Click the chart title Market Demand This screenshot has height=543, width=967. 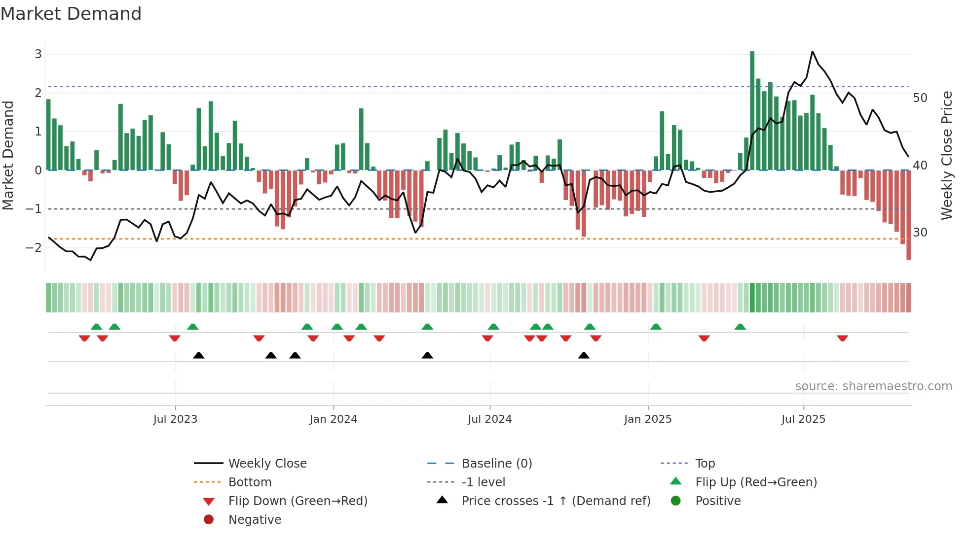point(71,14)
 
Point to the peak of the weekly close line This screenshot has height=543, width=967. point(813,51)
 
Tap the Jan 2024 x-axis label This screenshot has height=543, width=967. point(333,419)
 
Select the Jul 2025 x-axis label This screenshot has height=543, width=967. point(803,419)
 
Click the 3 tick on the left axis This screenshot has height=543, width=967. point(38,54)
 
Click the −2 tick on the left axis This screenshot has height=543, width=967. point(34,247)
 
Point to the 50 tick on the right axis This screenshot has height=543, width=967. point(920,98)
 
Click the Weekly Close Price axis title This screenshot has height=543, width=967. point(946,155)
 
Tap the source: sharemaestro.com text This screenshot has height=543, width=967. point(873,386)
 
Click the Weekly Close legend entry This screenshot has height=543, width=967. point(267,464)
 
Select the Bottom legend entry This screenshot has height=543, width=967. point(250,482)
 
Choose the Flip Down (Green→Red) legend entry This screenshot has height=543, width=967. point(298,501)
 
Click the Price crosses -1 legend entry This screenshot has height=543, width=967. point(556,501)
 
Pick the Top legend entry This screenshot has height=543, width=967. point(705,464)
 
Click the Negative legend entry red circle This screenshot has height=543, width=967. point(209,520)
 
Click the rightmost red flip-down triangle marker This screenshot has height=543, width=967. point(842,338)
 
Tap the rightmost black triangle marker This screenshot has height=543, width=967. point(584,356)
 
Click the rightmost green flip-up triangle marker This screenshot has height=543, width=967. point(740,327)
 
